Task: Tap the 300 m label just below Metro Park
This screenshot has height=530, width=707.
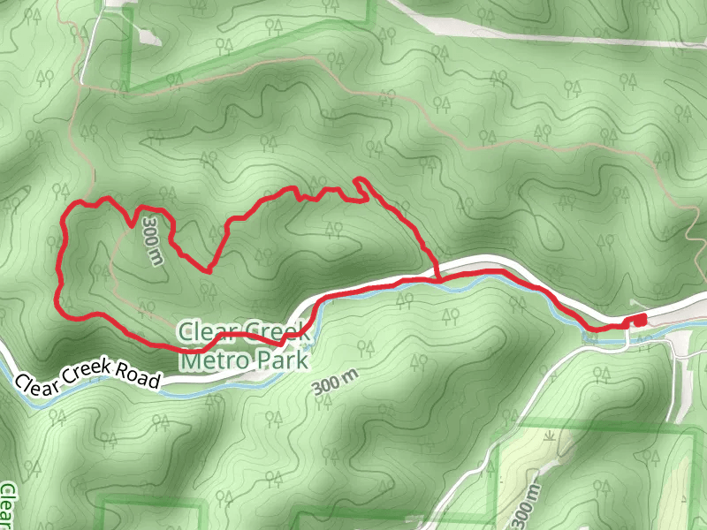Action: point(336,382)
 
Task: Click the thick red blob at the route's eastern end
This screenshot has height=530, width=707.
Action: point(636,320)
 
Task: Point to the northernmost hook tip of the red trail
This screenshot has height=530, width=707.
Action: point(357,180)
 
